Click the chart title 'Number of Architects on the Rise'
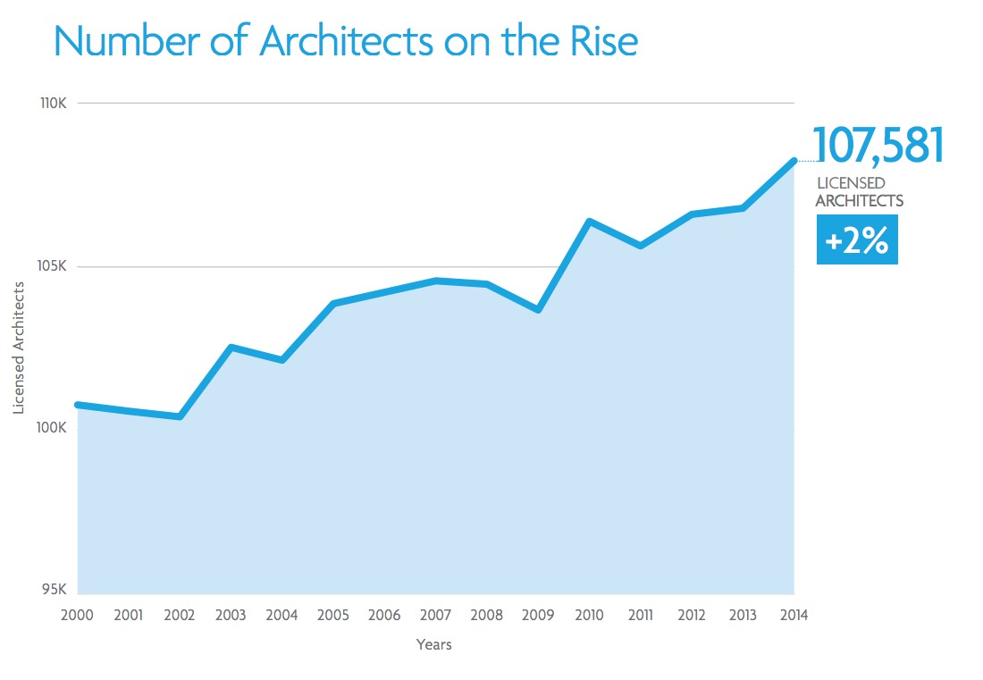coord(346,41)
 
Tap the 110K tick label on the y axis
coord(54,104)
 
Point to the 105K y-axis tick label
coord(54,266)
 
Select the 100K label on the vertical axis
coord(54,428)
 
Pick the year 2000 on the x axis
coord(78,616)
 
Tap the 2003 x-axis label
coord(231,616)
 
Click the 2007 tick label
coord(435,616)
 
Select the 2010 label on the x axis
coord(589,616)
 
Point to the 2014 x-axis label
coord(793,616)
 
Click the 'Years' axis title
coord(434,644)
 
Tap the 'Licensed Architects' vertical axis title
coord(19,348)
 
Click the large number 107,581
coord(878,147)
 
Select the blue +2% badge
coord(857,242)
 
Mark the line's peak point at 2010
coord(589,221)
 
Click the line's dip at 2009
coord(538,309)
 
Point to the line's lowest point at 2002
coord(181,416)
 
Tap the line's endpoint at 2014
coord(793,161)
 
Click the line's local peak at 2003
coord(231,347)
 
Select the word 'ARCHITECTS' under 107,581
coord(859,201)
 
